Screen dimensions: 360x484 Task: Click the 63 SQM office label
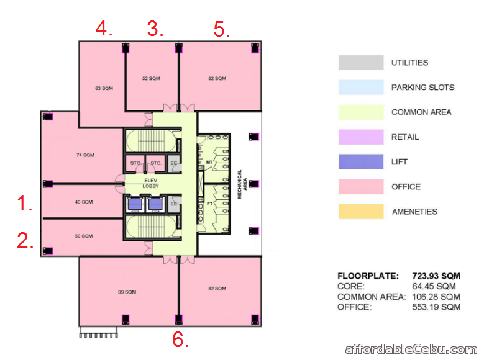pyautogui.click(x=104, y=88)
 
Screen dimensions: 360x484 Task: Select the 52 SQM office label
pyautogui.click(x=150, y=78)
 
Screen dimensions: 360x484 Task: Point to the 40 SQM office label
pyautogui.click(x=83, y=202)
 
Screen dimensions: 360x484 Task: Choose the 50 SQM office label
pyautogui.click(x=83, y=236)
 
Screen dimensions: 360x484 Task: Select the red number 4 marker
pyautogui.click(x=103, y=28)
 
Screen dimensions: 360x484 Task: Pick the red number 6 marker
pyautogui.click(x=180, y=340)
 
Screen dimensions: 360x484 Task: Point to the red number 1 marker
pyautogui.click(x=24, y=203)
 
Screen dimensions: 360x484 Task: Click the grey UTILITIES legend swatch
pyautogui.click(x=361, y=63)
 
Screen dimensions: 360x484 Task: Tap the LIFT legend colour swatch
pyautogui.click(x=361, y=162)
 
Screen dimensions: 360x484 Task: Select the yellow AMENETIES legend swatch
pyautogui.click(x=361, y=212)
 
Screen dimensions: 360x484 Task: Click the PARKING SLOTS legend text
pyautogui.click(x=422, y=88)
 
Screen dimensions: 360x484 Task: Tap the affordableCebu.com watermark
pyautogui.click(x=410, y=349)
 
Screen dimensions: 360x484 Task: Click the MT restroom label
pyautogui.click(x=209, y=163)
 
